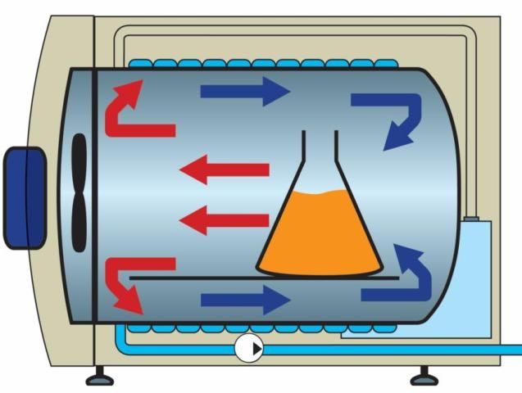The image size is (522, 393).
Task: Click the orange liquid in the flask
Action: tap(320, 233)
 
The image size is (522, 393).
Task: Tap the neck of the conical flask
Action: tap(319, 156)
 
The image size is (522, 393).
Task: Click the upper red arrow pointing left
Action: tap(225, 170)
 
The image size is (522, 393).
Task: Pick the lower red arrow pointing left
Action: tap(225, 220)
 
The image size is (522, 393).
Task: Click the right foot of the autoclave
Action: tap(424, 377)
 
